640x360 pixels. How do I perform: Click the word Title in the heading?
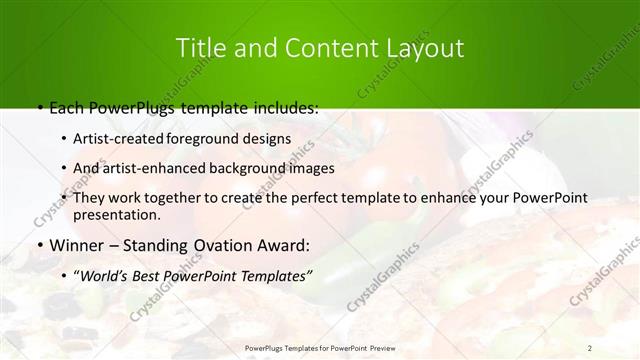pos(199,48)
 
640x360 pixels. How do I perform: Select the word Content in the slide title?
pos(312,48)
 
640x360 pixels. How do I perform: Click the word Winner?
pos(72,244)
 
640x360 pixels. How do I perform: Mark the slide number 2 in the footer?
pos(590,347)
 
